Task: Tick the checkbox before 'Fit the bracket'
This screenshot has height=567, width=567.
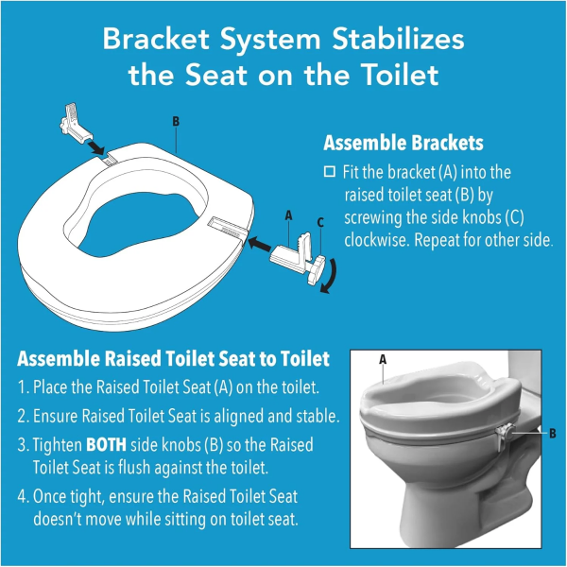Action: click(330, 172)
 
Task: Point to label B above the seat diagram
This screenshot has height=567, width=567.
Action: click(176, 121)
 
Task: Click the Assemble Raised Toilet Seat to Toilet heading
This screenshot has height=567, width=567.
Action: click(174, 360)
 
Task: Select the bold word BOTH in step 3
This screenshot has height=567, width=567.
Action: click(105, 444)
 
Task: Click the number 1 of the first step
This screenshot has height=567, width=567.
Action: click(24, 388)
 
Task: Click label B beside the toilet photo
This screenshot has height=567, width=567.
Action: click(552, 433)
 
